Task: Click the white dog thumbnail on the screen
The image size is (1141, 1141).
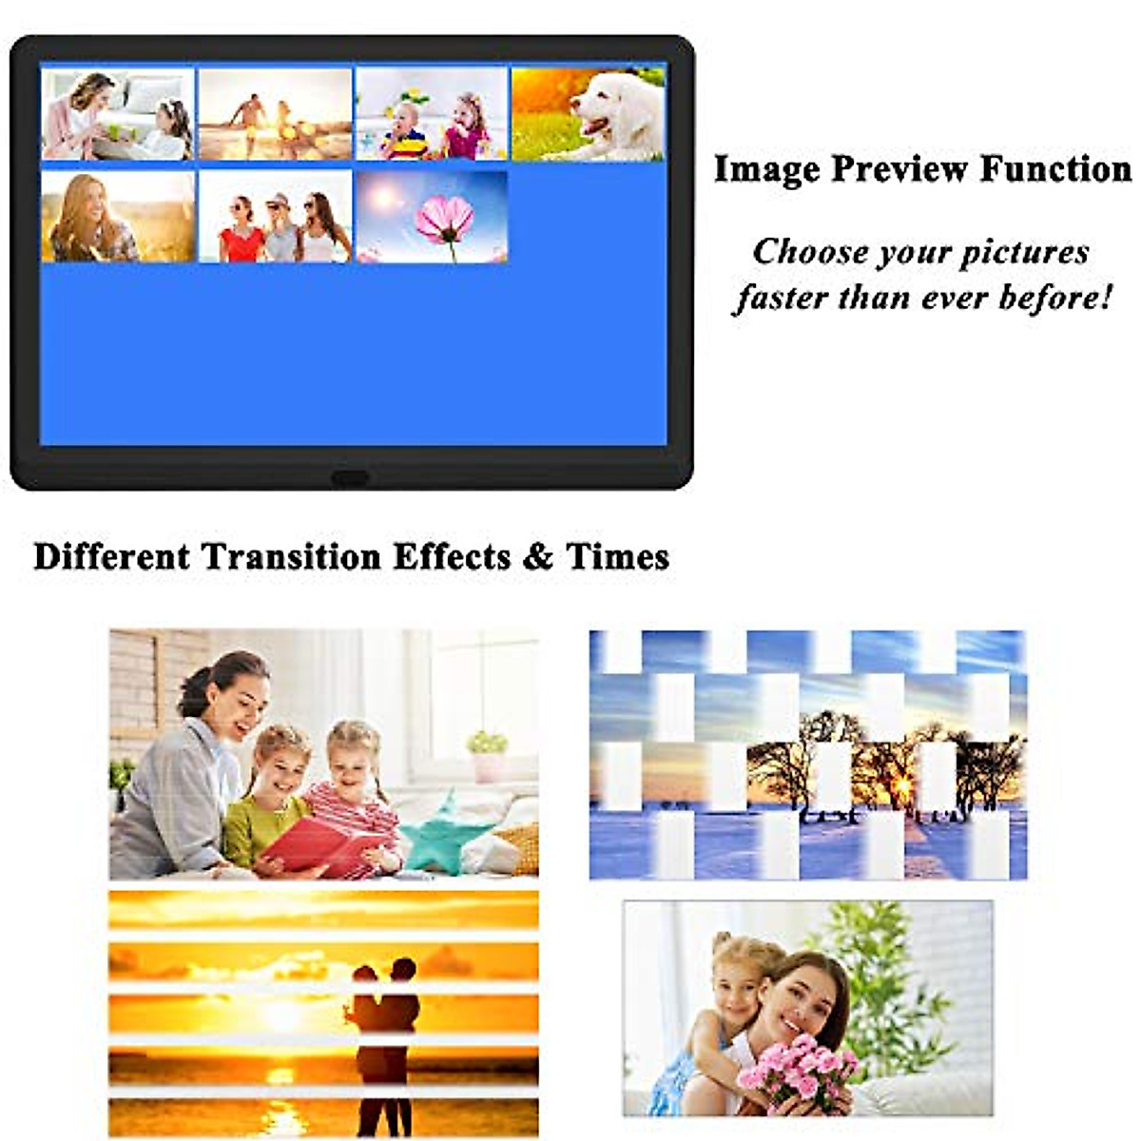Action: [589, 113]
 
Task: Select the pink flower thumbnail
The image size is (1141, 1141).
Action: [432, 216]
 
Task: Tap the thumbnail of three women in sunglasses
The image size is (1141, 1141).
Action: [275, 216]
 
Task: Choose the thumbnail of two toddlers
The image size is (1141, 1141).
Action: [432, 113]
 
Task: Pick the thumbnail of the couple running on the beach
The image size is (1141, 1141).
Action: [275, 113]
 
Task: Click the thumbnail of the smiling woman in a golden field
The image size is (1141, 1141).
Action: [118, 216]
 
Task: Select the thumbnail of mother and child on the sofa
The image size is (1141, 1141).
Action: [118, 113]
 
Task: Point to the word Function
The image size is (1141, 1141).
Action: [1055, 169]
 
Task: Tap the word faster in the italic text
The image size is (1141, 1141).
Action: [782, 298]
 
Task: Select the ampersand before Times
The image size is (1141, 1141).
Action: [537, 557]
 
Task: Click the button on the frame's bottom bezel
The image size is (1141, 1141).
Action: [350, 477]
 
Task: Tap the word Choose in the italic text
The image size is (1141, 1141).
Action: [809, 253]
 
